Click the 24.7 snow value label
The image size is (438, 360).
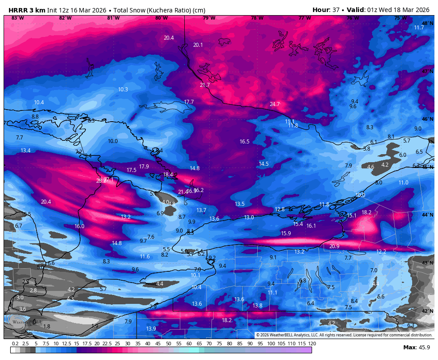coord(275,104)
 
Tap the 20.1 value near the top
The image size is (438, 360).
coord(198,45)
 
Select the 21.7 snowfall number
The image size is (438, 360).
coord(204,85)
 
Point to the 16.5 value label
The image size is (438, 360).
coord(244,142)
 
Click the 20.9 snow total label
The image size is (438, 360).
coord(334,246)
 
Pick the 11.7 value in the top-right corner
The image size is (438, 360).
coord(419,28)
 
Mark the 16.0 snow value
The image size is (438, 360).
coord(79,226)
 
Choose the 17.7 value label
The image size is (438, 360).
coord(189,102)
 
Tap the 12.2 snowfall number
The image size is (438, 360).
coord(381,252)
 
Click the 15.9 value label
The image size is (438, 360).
coord(286,233)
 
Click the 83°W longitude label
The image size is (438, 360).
coord(17,18)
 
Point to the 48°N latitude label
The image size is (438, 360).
coord(427,23)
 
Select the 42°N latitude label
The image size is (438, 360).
coord(427,311)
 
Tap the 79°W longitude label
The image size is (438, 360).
coord(209,18)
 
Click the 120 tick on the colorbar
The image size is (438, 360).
coord(312,344)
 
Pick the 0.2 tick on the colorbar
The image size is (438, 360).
coord(15,344)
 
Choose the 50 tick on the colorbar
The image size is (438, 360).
coord(168,344)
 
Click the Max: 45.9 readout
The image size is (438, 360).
coord(416,347)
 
